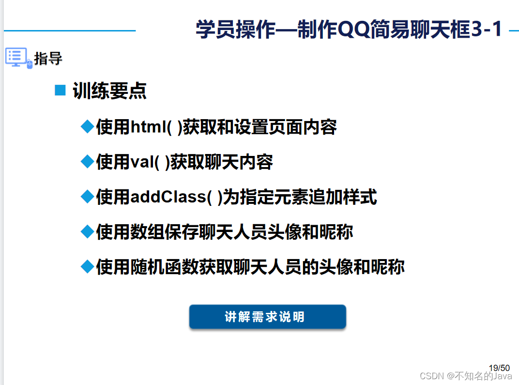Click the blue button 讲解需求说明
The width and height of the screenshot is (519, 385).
click(267, 317)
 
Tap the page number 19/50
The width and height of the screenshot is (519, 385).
click(499, 368)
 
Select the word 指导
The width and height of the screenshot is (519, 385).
click(48, 59)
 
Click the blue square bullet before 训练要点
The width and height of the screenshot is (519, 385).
click(60, 90)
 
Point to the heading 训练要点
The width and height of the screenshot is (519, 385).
click(109, 91)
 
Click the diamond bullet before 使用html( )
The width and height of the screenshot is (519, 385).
click(87, 127)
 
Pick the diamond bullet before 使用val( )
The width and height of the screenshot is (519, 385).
click(87, 162)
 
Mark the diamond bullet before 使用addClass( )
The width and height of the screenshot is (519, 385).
click(87, 197)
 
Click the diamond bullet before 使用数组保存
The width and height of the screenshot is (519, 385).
click(87, 231)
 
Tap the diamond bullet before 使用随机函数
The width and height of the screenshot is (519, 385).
click(87, 266)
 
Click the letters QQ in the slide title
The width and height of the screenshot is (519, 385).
click(353, 30)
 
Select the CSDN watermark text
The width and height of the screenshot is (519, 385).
click(466, 376)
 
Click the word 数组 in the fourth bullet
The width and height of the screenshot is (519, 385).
click(148, 232)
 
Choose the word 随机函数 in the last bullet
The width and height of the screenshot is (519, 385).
click(165, 267)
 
